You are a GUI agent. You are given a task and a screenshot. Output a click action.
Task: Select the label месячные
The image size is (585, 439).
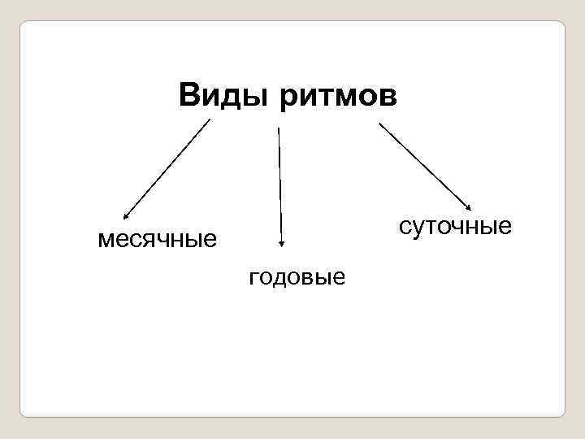click(157, 239)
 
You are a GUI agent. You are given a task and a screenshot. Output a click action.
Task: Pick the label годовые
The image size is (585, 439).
click(297, 277)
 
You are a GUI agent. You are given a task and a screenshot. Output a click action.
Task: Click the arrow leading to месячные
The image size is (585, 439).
click(167, 169)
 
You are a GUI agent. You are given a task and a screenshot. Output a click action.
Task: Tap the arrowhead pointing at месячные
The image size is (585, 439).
click(125, 217)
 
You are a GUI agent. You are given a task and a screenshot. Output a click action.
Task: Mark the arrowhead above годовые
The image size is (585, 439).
click(281, 241)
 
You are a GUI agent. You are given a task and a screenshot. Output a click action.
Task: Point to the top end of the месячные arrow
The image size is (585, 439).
click(210, 120)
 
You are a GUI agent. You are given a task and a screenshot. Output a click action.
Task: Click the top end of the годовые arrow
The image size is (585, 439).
click(279, 128)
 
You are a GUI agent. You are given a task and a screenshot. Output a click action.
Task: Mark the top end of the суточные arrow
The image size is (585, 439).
click(379, 123)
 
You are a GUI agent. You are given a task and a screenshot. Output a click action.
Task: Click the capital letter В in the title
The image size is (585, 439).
click(189, 96)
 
